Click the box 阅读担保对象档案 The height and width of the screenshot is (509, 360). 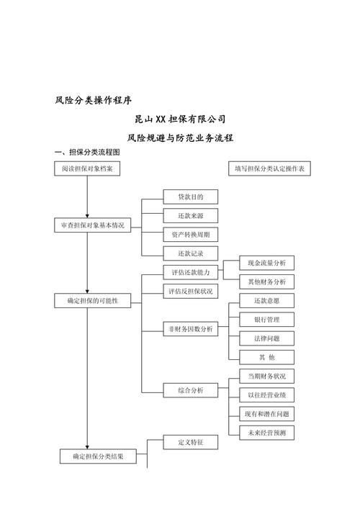(x=87, y=168)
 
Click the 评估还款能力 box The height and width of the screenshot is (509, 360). (x=190, y=273)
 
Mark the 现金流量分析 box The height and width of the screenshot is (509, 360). (x=266, y=263)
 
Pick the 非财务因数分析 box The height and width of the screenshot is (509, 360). (x=190, y=329)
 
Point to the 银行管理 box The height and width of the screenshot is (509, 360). (x=266, y=319)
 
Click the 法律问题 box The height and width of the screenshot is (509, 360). (x=266, y=338)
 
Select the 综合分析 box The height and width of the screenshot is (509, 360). (x=190, y=390)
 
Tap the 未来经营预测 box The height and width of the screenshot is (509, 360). (x=266, y=433)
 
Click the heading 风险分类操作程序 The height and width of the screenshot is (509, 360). (x=93, y=100)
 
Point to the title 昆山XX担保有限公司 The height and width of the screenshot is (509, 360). (x=180, y=118)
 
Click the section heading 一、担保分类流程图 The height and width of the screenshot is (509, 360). (x=87, y=153)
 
